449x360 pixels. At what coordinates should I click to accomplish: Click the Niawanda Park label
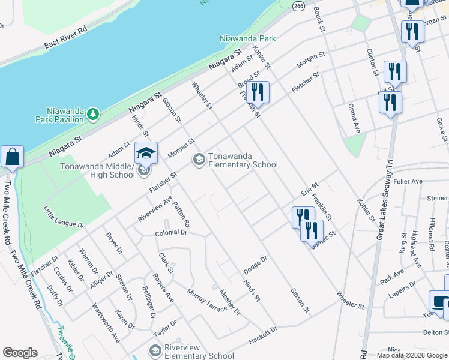[247, 38]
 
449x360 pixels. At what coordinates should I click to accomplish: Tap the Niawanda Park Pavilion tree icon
[92, 113]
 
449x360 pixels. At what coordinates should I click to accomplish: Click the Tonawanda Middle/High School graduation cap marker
[146, 154]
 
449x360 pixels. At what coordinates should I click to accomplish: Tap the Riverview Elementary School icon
[155, 350]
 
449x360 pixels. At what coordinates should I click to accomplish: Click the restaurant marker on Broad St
[258, 92]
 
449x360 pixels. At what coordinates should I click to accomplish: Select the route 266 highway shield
[298, 5]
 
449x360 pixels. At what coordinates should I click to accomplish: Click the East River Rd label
[65, 38]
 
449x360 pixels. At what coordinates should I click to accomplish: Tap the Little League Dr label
[63, 217]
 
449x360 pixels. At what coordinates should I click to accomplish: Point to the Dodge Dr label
[255, 265]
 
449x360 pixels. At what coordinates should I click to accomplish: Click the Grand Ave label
[354, 118]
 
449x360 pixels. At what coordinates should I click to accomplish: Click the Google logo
[20, 352]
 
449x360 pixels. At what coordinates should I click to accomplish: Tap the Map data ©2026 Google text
[412, 355]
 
